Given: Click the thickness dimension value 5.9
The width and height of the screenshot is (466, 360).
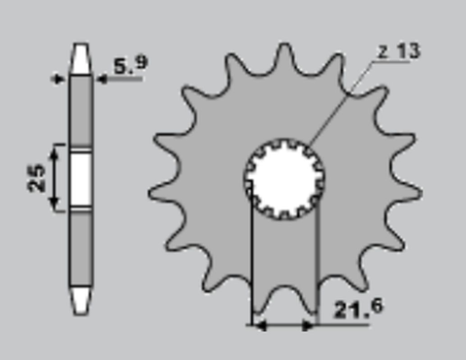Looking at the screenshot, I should (131, 66).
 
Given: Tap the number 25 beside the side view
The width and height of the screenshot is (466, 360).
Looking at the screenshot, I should (37, 179).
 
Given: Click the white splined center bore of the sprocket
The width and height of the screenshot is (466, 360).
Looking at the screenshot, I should (283, 179).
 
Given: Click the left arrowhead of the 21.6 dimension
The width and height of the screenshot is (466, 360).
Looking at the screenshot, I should (257, 326).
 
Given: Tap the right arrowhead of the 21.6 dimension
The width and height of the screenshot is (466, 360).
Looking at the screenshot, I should (313, 326).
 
